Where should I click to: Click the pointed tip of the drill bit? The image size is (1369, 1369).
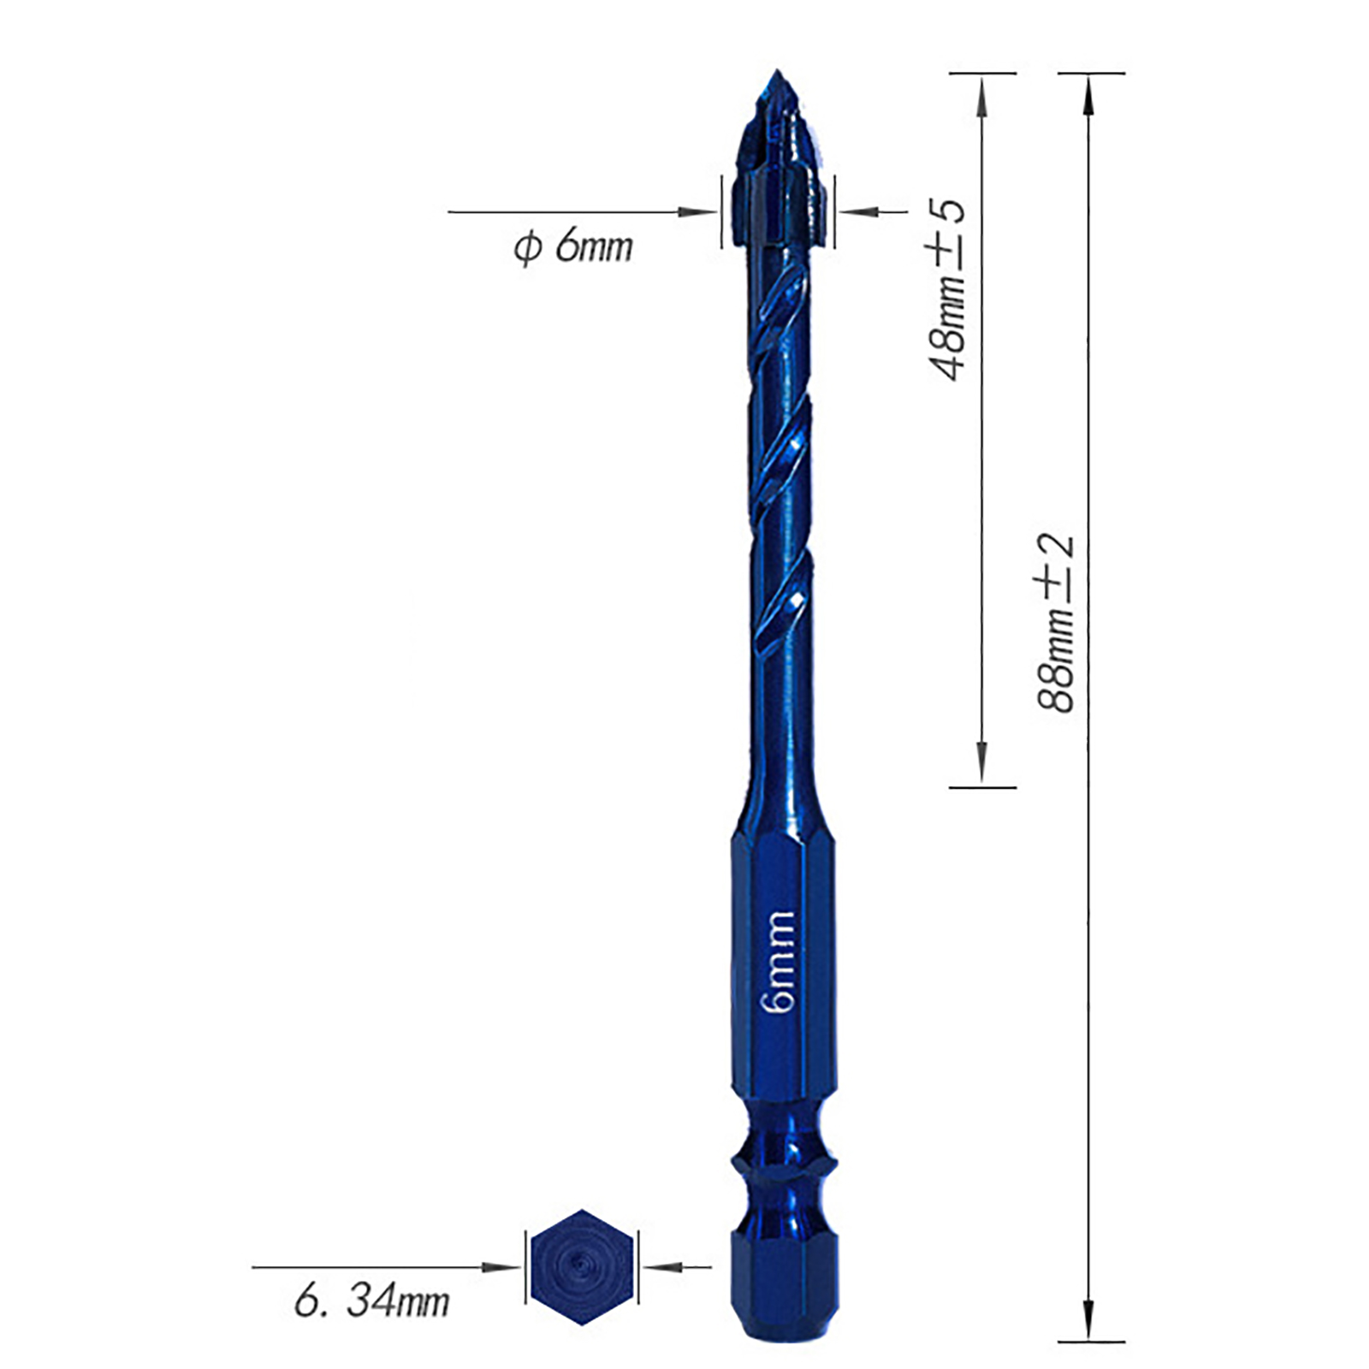point(776,71)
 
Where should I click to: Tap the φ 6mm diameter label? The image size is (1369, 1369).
point(572,246)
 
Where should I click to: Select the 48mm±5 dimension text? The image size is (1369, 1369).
point(945,288)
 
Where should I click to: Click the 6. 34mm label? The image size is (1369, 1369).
point(371,1301)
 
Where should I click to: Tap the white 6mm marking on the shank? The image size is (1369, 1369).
point(778,962)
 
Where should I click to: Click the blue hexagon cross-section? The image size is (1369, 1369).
point(582,1267)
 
